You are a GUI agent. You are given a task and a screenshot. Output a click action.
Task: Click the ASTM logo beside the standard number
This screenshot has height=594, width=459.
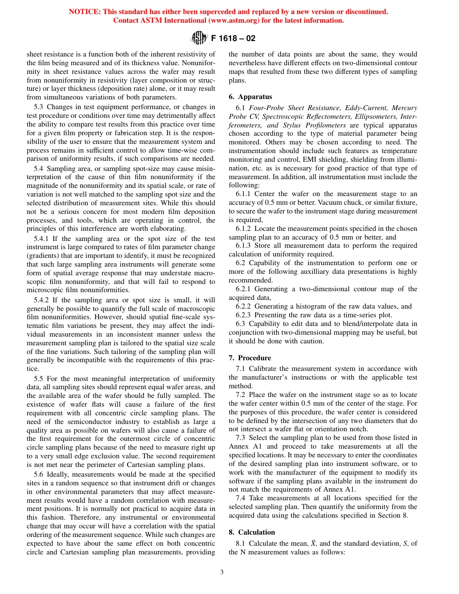199,38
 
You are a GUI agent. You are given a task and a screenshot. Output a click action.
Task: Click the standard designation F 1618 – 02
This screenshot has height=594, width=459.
233,38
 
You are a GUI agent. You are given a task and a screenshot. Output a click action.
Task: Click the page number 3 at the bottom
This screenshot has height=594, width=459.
222,572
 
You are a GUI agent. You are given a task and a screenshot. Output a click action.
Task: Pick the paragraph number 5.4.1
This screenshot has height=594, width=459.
43,239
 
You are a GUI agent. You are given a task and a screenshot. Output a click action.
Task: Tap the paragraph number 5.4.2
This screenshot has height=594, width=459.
43,300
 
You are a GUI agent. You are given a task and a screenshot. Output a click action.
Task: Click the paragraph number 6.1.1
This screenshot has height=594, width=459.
244,193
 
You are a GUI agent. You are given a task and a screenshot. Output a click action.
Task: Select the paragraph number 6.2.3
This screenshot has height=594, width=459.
244,315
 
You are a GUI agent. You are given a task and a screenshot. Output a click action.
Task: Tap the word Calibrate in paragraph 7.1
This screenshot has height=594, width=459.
265,368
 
